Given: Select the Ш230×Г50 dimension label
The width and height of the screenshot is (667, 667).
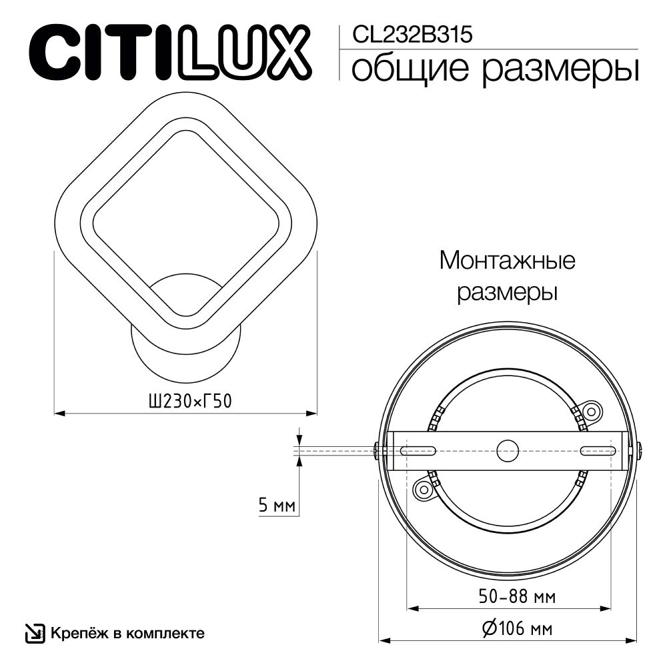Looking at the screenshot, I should click(183, 401).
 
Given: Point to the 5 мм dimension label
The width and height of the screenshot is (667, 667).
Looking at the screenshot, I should click(276, 506).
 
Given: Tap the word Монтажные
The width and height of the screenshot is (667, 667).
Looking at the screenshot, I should click(507, 260).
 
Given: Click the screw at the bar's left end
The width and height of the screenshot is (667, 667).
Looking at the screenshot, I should click(378, 451).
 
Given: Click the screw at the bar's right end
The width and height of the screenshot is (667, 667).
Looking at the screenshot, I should click(638, 451).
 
